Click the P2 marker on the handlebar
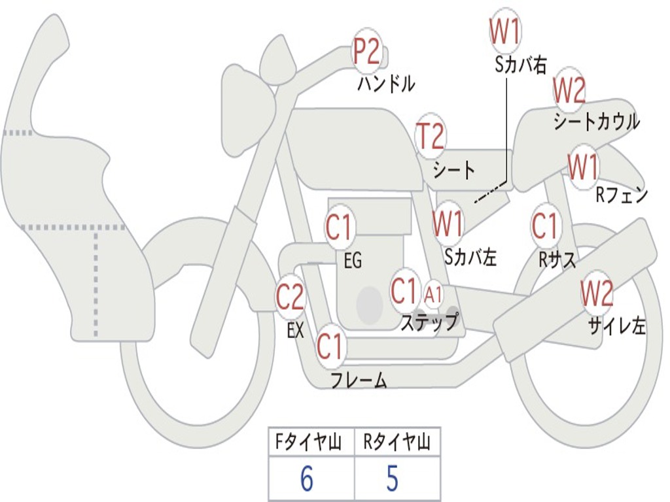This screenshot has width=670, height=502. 367,52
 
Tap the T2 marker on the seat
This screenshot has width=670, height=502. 431,137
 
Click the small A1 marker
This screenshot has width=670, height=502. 433,295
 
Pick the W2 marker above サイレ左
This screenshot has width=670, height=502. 597,293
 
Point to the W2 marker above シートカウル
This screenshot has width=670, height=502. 569,91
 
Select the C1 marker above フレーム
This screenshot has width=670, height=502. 330,346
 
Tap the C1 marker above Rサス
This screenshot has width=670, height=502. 544,226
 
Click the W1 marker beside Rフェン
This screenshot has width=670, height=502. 582,168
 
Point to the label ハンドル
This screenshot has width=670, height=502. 386,84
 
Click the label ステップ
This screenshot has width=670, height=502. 429,322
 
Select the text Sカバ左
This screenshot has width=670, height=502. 470,257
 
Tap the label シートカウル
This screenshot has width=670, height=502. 596,122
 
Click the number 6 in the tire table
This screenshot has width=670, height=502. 306,479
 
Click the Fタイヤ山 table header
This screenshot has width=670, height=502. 310,443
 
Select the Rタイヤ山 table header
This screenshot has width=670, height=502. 397,443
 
